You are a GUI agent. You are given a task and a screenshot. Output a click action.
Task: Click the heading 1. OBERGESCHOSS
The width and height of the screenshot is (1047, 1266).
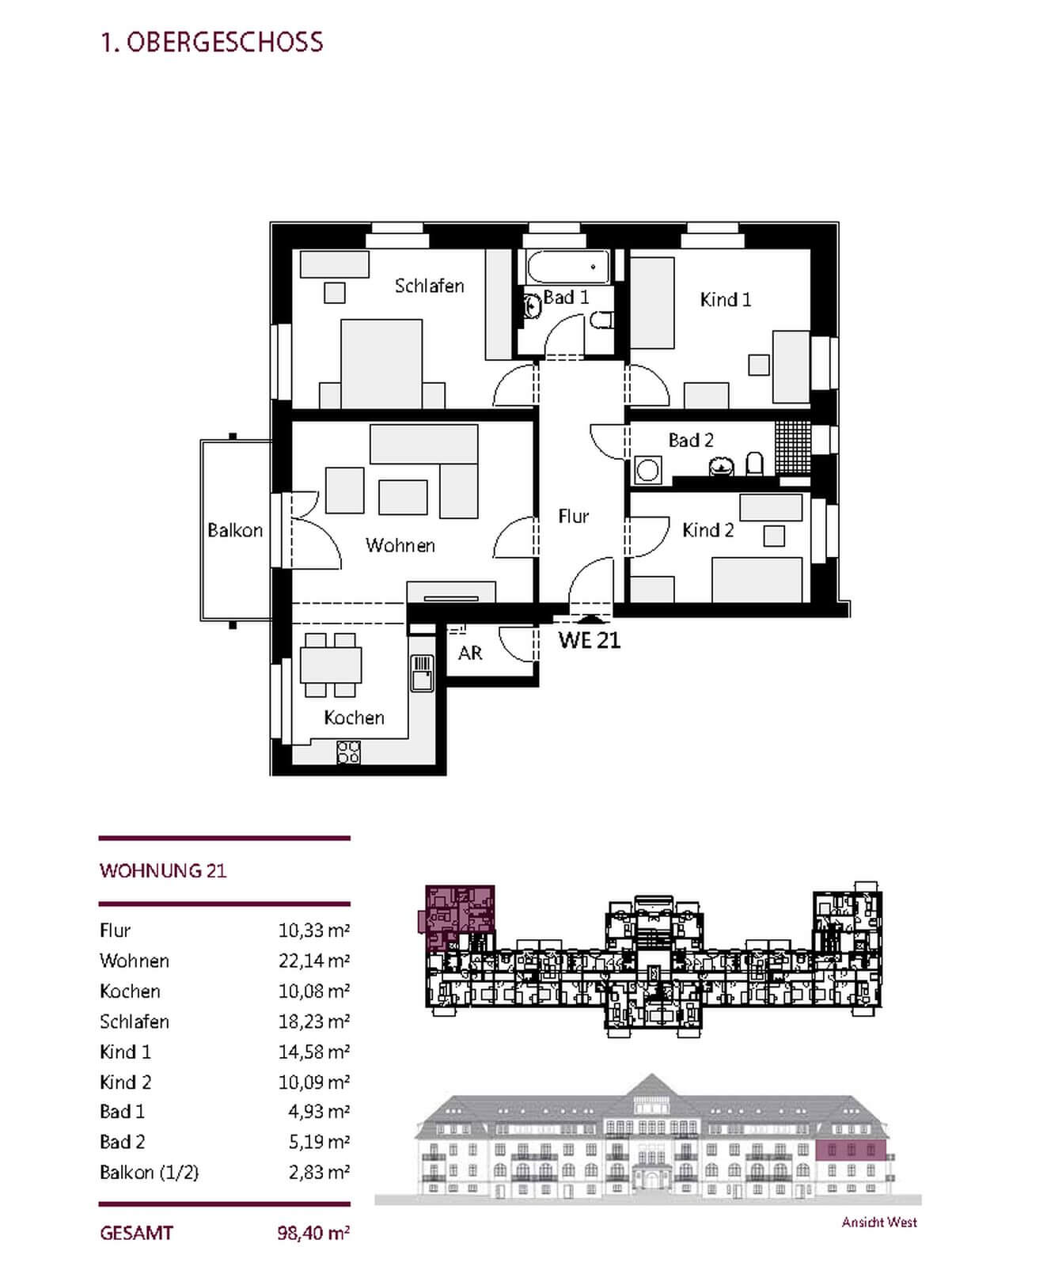pos(211,42)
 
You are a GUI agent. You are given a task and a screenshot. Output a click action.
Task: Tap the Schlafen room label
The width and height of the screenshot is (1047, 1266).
pos(429,286)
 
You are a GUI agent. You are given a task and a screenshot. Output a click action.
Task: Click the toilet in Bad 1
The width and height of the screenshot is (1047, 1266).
pos(601,320)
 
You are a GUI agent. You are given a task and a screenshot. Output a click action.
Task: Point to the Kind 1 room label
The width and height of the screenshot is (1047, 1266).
pos(725,300)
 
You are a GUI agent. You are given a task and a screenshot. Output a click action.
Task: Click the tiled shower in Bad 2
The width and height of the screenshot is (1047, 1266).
pos(792,447)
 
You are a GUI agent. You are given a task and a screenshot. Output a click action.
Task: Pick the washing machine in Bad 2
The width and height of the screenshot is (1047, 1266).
pos(648,470)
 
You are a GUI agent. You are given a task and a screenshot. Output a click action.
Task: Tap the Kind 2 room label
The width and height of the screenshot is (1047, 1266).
pos(707,530)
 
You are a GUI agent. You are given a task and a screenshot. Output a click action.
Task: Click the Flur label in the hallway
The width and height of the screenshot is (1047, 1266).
pos(573,517)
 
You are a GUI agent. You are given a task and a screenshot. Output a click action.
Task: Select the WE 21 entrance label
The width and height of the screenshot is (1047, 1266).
pos(589,640)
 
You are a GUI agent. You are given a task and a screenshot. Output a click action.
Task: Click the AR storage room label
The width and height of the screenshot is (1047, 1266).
pos(470,653)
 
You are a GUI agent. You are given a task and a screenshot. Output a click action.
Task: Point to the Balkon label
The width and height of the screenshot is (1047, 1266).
pos(234,530)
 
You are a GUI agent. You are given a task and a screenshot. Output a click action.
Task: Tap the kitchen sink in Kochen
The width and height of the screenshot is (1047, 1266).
pos(421,673)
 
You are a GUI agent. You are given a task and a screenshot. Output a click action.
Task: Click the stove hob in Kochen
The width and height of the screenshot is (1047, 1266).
pos(348,752)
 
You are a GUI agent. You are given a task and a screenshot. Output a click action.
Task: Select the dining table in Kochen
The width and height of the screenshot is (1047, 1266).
pos(331,665)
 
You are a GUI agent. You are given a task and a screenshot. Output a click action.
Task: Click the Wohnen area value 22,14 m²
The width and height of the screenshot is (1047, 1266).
pos(313,961)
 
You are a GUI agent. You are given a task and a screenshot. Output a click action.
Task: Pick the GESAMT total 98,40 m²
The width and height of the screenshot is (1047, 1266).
pos(313,1233)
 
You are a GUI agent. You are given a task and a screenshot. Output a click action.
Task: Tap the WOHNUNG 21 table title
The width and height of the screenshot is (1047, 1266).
pos(163,871)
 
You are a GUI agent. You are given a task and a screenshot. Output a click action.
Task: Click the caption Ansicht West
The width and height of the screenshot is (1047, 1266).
pos(879,1222)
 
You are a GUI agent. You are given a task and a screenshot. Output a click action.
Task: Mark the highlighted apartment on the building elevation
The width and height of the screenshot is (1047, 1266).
pos(851,1150)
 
